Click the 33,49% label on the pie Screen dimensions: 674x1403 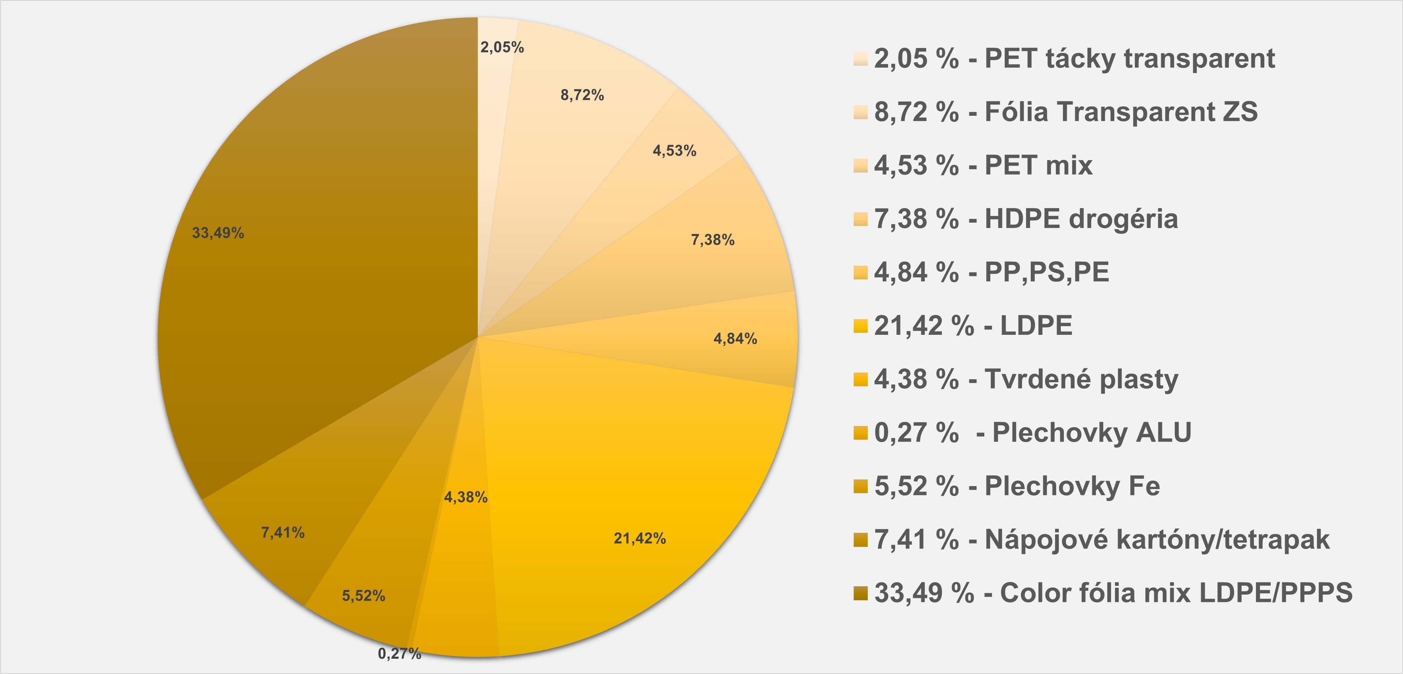[x=218, y=233]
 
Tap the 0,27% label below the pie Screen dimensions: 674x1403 [x=399, y=653]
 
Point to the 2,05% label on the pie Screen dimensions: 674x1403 [x=502, y=47]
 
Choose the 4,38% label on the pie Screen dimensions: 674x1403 [x=466, y=497]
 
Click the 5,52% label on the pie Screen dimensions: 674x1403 [x=363, y=596]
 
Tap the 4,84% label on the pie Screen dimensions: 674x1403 [x=735, y=338]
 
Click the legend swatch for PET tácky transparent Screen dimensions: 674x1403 [x=860, y=59]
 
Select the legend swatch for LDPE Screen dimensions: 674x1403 [x=860, y=326]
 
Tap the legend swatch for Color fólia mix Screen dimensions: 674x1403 [x=860, y=593]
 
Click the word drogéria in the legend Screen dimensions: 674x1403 [x=1123, y=219]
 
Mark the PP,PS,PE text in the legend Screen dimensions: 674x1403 [x=1047, y=272]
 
